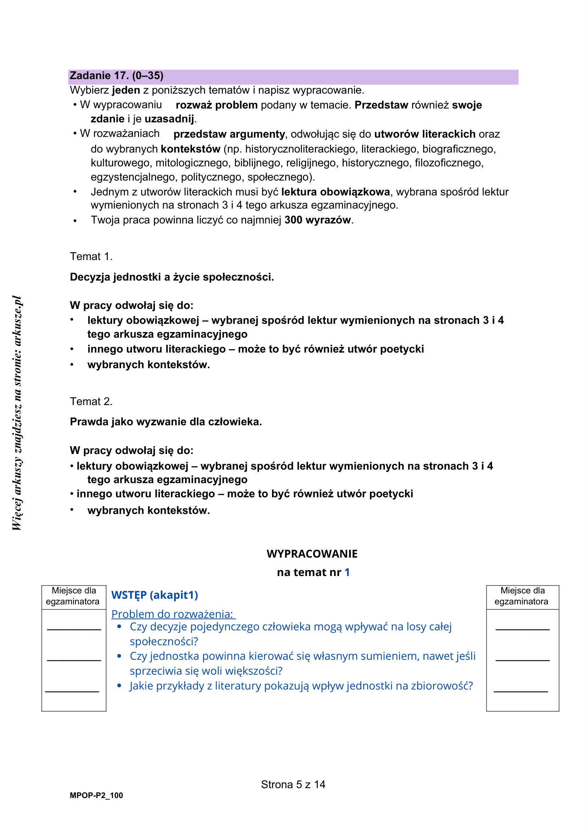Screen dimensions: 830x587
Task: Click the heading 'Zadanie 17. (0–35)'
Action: coord(116,76)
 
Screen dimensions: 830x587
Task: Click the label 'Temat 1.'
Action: coord(91,256)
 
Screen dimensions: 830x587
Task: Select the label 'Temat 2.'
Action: coord(91,401)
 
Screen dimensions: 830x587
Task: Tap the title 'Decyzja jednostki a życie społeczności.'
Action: coord(172,277)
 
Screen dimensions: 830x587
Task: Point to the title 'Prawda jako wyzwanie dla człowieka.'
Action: coord(166,421)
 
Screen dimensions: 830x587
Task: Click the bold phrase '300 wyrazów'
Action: coord(317,220)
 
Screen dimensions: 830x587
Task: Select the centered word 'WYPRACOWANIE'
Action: coord(312,554)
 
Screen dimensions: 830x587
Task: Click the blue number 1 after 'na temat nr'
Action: coord(347,572)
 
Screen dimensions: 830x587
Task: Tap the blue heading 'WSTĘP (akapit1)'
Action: coord(155,595)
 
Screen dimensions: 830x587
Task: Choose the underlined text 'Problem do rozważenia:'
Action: coord(173,614)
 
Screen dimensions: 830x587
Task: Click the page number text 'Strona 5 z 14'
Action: coord(293,785)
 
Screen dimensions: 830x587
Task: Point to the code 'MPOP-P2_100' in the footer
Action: coord(96,795)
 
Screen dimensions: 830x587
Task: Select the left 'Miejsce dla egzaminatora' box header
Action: coord(74,596)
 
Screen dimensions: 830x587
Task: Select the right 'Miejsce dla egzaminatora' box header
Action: coord(522,596)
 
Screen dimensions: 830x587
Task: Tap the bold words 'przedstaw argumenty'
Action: coord(229,134)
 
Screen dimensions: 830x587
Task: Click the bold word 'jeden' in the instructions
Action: coord(126,90)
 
